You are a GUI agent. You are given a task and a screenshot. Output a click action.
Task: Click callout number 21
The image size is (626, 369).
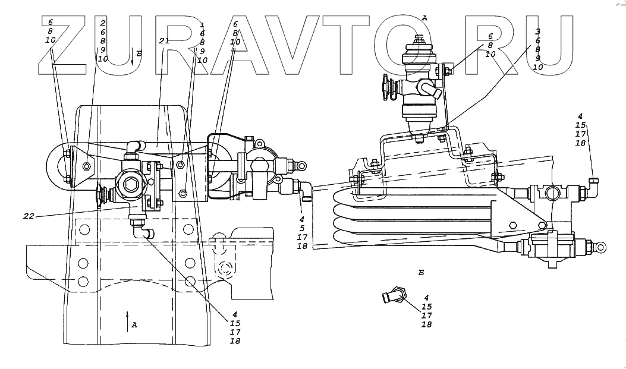click(164, 41)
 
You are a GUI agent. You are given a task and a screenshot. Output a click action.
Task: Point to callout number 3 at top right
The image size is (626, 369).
click(537, 30)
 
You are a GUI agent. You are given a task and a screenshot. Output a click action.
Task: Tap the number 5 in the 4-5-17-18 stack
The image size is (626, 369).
click(302, 227)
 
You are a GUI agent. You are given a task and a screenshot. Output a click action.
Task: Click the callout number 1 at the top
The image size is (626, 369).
click(202, 26)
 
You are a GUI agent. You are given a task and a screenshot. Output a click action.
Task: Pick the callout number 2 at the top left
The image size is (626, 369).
click(102, 23)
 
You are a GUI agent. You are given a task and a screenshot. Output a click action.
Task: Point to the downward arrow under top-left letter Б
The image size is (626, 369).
click(133, 60)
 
